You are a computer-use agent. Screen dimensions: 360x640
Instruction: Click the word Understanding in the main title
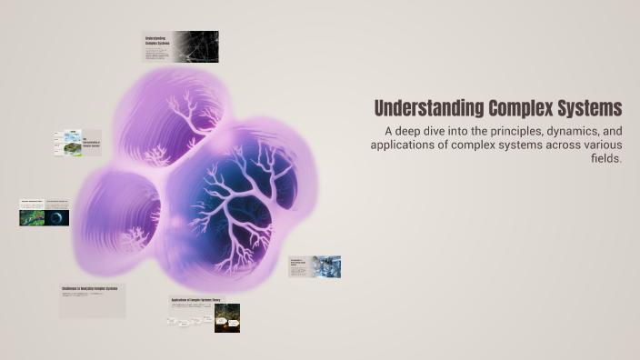pos(421,108)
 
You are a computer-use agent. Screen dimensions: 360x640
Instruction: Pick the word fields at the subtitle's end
pos(605,158)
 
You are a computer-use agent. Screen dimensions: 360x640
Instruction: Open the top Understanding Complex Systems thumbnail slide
pos(180,46)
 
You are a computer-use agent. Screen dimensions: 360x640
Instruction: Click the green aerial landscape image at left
pos(32,217)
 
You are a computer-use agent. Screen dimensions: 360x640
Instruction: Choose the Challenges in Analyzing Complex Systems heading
pos(90,289)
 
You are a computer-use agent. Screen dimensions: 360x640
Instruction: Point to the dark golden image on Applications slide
pos(226,318)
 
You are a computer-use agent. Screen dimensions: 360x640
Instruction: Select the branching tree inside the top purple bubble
pos(189,117)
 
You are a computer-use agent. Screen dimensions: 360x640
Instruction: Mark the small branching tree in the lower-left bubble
pos(133,237)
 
